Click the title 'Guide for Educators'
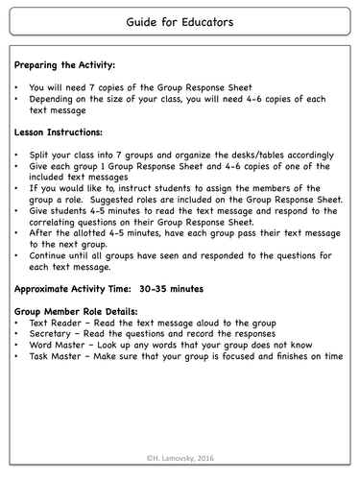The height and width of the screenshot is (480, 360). pyautogui.click(x=180, y=19)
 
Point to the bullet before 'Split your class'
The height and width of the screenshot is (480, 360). pyautogui.click(x=18, y=155)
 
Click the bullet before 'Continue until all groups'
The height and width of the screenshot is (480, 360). pyautogui.click(x=18, y=255)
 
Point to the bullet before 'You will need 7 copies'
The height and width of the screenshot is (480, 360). pyautogui.click(x=18, y=86)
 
